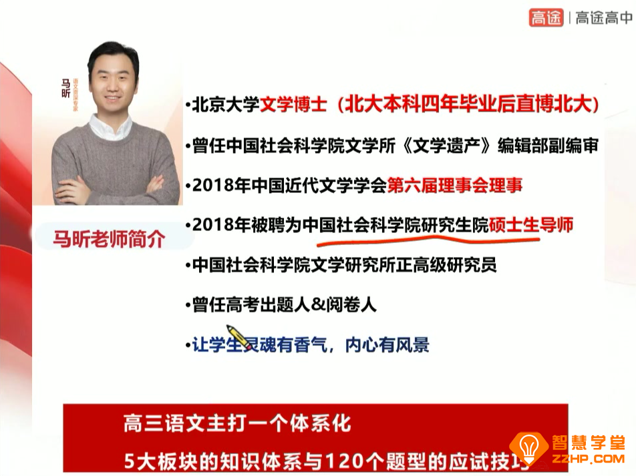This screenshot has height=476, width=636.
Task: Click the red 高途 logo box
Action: [x=546, y=17]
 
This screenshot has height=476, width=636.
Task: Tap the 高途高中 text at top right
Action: [x=603, y=18]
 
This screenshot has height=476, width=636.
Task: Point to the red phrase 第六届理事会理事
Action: [x=455, y=185]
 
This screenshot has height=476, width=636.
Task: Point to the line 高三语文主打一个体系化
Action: [x=236, y=423]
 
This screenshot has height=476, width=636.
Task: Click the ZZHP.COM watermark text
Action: [x=587, y=459]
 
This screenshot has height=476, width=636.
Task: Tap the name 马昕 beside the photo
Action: [x=65, y=88]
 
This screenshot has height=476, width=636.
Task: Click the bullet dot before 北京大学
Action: [x=188, y=107]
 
